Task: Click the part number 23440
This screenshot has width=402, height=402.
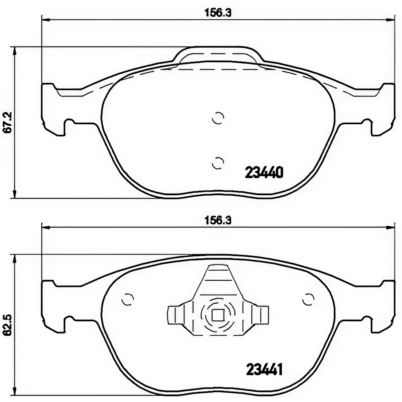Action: [264, 172]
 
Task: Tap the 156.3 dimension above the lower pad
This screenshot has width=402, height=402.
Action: [218, 220]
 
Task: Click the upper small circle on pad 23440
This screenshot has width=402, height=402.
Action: [218, 118]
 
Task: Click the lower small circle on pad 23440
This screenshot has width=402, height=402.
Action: [218, 163]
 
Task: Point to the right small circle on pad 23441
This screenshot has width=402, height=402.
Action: [308, 299]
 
